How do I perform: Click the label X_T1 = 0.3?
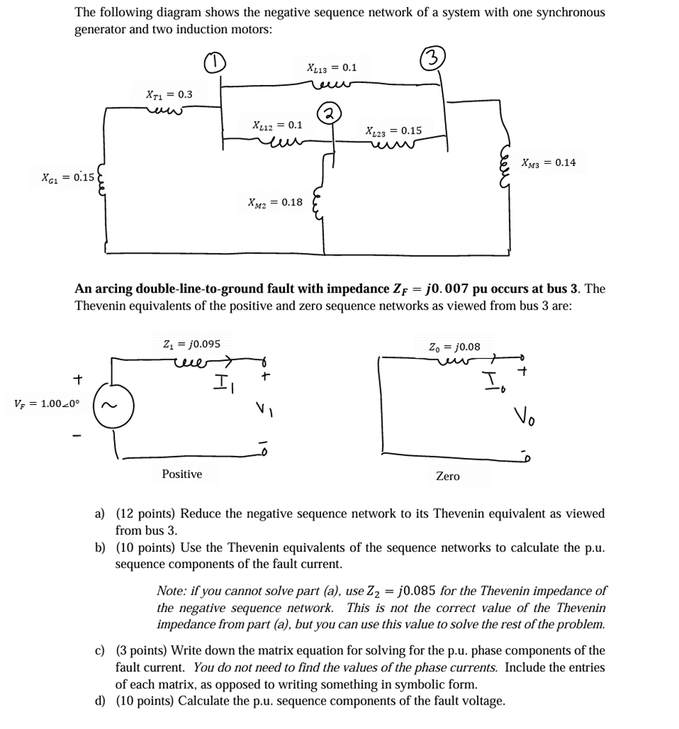(169, 94)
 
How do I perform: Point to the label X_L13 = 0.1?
(331, 68)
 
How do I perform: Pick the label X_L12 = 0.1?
(277, 125)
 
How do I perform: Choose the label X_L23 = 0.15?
(393, 130)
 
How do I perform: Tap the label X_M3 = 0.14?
(549, 163)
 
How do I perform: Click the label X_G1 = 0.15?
(68, 177)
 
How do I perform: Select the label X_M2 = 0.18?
(275, 202)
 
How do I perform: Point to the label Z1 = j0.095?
(191, 344)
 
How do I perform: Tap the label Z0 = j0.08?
(455, 346)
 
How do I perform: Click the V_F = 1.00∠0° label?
(47, 404)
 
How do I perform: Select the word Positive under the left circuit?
(182, 474)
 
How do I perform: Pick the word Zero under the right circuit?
(447, 476)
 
